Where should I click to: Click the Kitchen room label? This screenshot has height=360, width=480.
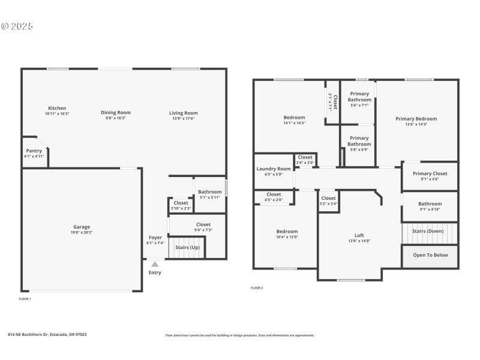pos(57,109)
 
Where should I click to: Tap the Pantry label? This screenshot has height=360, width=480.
pos(34,151)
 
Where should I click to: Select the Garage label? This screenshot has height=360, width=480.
pos(82,227)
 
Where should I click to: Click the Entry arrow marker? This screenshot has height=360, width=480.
pos(155,263)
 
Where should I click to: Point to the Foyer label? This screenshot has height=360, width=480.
pos(155,238)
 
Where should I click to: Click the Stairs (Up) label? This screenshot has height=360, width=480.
pos(187,247)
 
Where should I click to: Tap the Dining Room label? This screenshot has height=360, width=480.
pos(115,112)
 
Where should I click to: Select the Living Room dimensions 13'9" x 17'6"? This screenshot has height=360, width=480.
pos(183,118)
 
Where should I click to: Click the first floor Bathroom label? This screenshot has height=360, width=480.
pos(210,192)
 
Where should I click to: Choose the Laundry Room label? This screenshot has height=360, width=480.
pos(274,169)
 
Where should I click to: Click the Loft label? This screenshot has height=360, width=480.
pos(359,235)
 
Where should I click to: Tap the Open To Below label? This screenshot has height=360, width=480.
pos(430,255)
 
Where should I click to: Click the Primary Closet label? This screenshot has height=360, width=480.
pos(430,173)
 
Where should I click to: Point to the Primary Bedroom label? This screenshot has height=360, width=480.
pos(416,119)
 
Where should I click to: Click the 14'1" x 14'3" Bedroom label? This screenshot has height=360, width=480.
pos(294,118)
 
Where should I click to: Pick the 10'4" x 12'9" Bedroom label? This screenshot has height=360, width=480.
pos(287,232)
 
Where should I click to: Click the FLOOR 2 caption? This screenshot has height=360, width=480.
pos(257,288)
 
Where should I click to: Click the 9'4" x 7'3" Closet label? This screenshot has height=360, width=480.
pos(203,224)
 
